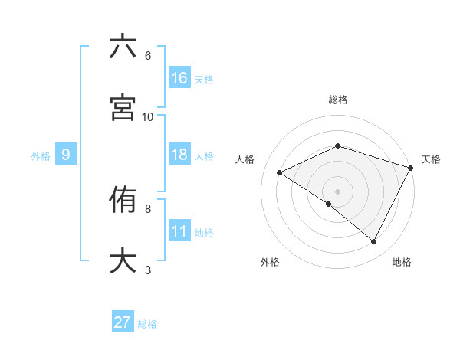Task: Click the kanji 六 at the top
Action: [x=123, y=47]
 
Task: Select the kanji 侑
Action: [x=123, y=201]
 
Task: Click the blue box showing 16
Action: [x=179, y=77]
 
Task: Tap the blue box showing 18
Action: [x=179, y=155]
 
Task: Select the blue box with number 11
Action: [x=179, y=231]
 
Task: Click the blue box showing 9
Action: [x=66, y=155]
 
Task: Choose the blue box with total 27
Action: [x=123, y=322]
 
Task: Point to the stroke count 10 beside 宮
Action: [x=148, y=116]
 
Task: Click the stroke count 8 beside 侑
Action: [x=148, y=208]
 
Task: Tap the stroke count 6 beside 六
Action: [x=148, y=56]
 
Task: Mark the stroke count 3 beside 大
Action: [x=148, y=270]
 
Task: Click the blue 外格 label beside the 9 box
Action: [x=41, y=155]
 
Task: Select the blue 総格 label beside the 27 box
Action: [x=147, y=323]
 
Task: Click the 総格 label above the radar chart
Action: [x=337, y=100]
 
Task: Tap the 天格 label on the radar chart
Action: [x=431, y=159]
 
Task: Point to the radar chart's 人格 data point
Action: [x=280, y=172]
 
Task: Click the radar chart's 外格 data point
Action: [x=329, y=204]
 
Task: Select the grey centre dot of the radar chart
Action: [x=337, y=191]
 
